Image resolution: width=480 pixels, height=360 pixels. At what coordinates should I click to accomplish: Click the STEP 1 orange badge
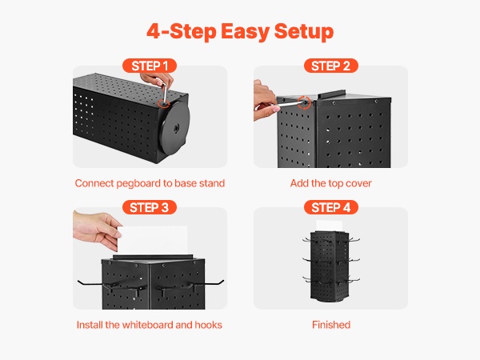point(150,66)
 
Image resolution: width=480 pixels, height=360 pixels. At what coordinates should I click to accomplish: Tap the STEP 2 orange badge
point(331,66)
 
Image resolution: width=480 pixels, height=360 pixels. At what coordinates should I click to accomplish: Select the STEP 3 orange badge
point(150,207)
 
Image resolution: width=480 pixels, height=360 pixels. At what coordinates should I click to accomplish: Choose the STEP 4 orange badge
point(331,207)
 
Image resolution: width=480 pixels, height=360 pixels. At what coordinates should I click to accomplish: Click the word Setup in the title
point(304,32)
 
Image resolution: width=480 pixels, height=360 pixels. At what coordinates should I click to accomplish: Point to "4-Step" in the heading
point(182,32)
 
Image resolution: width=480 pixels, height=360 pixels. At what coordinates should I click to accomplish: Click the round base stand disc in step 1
point(174,128)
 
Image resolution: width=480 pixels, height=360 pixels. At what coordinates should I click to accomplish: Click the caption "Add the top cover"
point(331,183)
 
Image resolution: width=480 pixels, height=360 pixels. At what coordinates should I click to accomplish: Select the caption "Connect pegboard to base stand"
point(150,183)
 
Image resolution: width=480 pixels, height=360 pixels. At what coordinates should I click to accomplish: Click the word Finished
point(331,325)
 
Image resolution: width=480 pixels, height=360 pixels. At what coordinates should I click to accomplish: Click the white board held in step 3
point(153,240)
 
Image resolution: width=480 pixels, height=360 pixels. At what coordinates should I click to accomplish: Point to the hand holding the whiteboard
point(97,228)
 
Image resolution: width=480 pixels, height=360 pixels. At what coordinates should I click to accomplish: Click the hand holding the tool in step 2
point(266,100)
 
